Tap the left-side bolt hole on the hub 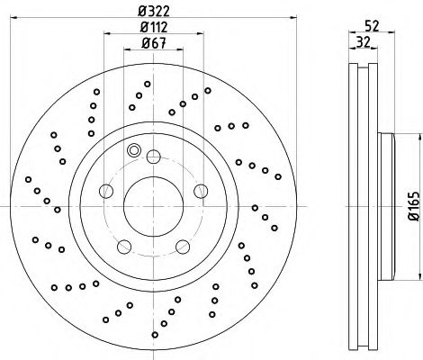(x=105, y=191)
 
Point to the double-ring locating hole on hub (x=135, y=150)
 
